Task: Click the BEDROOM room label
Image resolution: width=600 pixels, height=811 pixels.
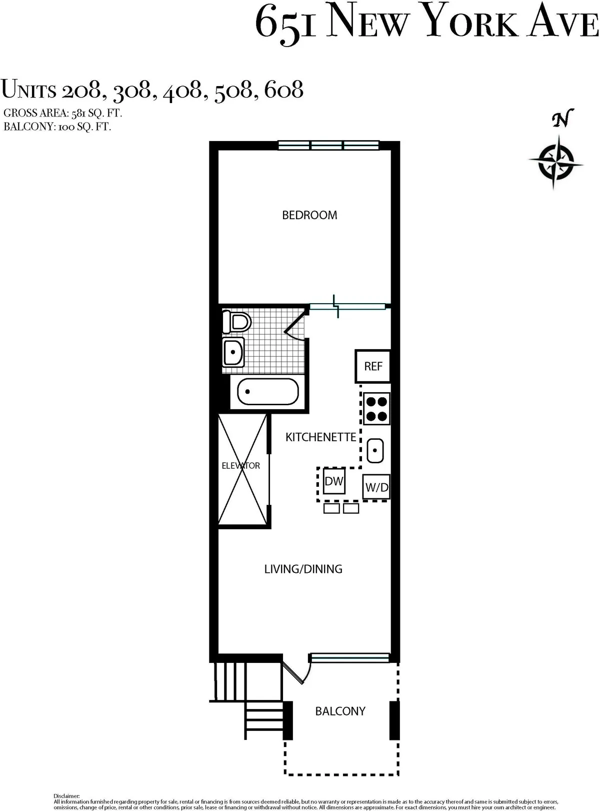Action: [x=309, y=215]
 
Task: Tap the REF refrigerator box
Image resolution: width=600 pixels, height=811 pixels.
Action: [x=373, y=366]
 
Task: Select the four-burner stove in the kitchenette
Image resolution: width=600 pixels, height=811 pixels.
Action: [x=376, y=408]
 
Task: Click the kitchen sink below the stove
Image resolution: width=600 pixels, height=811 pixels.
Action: [x=375, y=450]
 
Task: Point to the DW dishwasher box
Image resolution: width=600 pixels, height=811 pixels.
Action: [x=334, y=481]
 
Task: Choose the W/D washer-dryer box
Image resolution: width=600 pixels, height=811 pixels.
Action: [x=376, y=487]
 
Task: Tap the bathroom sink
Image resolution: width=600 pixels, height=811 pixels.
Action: [x=233, y=352]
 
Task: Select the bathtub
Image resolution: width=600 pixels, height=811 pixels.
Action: [x=267, y=392]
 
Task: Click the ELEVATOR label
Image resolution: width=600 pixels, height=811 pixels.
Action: [x=241, y=466]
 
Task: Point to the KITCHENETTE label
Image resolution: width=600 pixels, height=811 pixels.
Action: [x=320, y=437]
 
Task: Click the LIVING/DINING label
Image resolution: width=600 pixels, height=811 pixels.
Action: [x=303, y=569]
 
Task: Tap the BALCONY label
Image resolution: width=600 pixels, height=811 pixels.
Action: [x=340, y=711]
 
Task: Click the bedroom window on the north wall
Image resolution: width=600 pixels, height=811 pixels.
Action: [x=328, y=146]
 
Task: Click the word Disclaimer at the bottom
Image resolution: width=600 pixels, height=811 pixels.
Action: [x=66, y=795]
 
